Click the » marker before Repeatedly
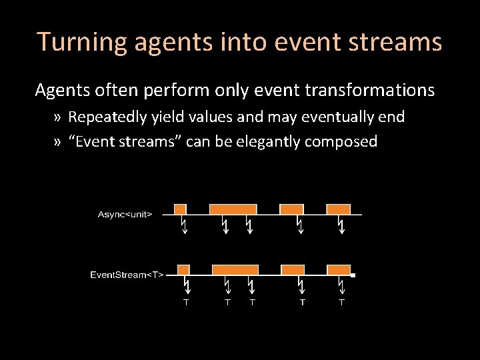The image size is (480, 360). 58,117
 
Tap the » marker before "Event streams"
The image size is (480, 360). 58,141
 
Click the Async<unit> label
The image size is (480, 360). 125,214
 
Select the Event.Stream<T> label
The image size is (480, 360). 127,275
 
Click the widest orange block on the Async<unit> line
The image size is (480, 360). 233,209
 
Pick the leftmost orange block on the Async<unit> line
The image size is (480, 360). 180,209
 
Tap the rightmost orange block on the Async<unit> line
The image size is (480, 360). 338,209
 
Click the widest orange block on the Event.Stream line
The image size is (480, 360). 235,269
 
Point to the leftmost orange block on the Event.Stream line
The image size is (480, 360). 183,269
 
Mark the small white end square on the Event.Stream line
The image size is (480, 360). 353,275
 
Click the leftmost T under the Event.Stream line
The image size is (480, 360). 186,303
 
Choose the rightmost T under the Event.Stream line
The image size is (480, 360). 341,303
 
